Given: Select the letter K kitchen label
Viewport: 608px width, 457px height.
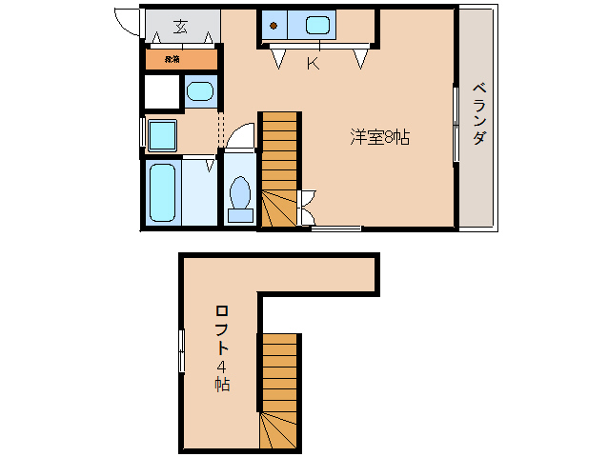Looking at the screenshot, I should click(x=312, y=64).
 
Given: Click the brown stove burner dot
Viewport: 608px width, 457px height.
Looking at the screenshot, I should click(x=273, y=26).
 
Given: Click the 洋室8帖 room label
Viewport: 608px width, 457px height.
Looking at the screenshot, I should click(x=379, y=137).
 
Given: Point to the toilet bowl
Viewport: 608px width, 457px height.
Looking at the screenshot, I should click(x=239, y=193).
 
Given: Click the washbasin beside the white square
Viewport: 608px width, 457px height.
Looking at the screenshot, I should click(x=200, y=92).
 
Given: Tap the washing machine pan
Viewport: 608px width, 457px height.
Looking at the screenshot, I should click(x=161, y=134).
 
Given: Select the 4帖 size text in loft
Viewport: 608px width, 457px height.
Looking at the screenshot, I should click(x=220, y=376).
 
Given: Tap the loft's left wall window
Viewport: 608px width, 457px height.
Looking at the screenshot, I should click(x=181, y=351).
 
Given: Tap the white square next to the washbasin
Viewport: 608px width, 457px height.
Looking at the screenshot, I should click(x=162, y=92).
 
